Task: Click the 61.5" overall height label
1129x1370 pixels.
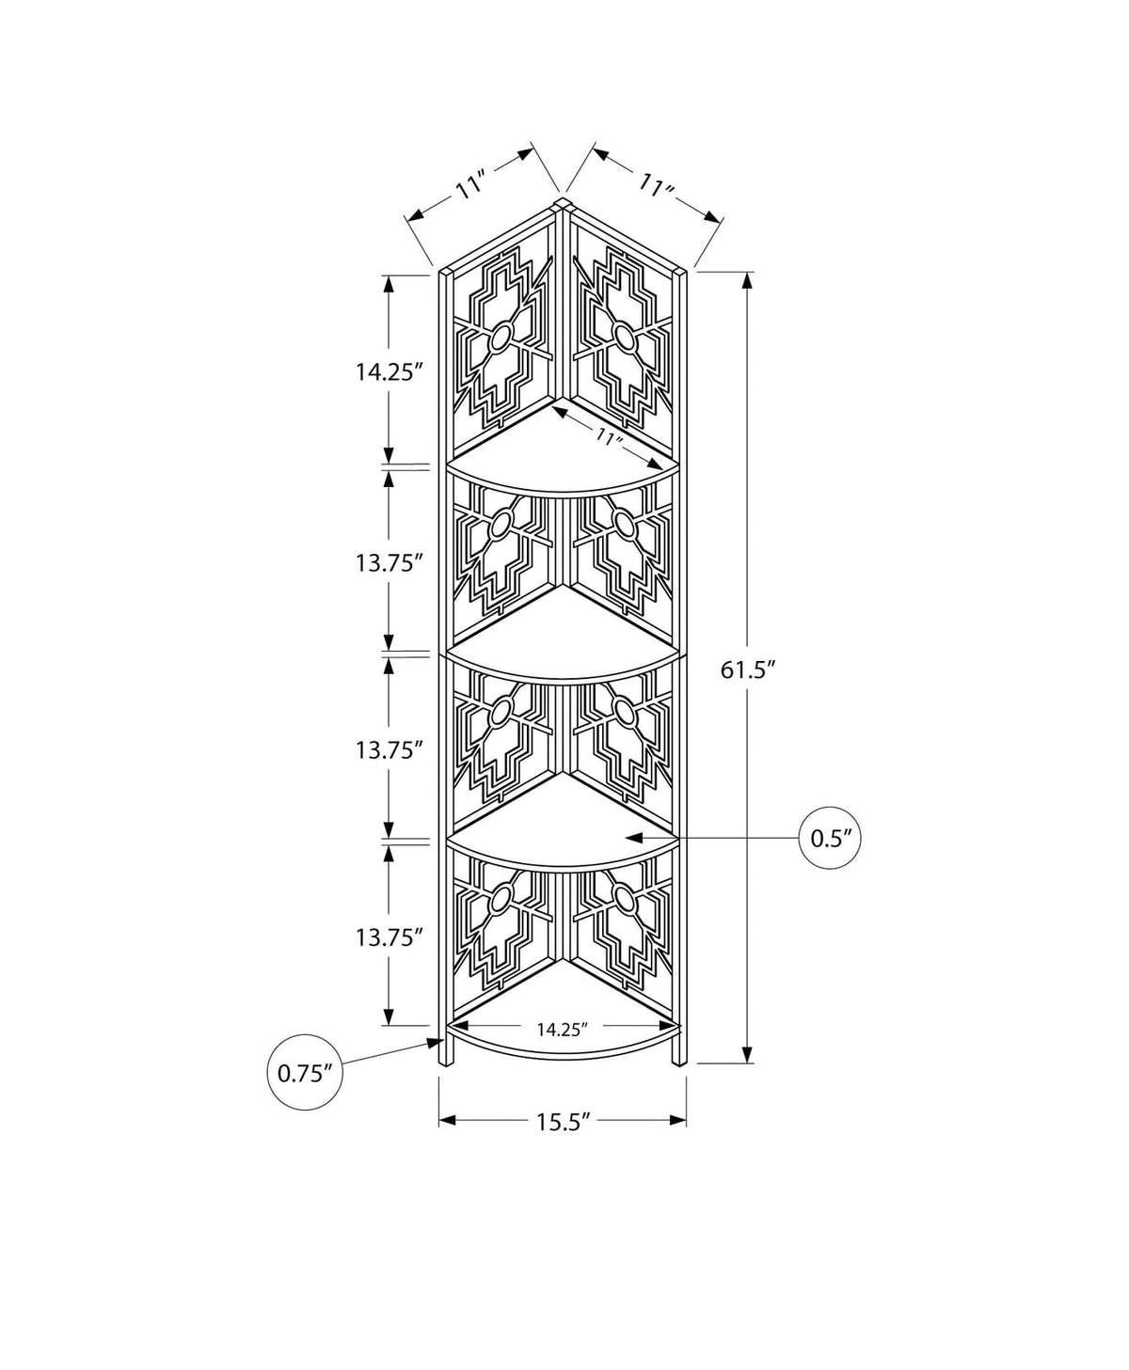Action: click(x=748, y=669)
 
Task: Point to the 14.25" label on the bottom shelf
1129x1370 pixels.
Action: click(x=562, y=1030)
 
